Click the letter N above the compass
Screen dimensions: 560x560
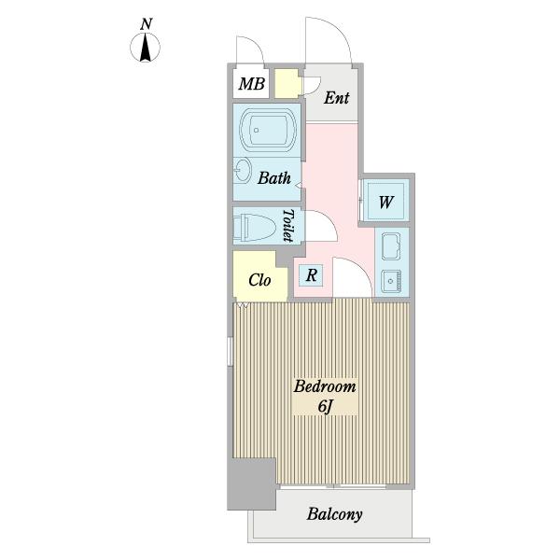146,24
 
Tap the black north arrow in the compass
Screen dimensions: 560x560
145,48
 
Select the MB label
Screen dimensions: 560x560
252,84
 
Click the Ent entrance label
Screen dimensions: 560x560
336,98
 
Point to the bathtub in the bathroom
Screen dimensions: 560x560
268,130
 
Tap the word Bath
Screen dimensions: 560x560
274,178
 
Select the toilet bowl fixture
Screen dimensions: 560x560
254,228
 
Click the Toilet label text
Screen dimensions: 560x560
288,226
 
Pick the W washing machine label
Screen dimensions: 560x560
385,203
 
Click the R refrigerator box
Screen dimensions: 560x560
311,275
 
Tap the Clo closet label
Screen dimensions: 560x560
259,280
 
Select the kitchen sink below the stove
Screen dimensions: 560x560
391,281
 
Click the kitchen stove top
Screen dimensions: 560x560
391,246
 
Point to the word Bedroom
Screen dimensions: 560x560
325,386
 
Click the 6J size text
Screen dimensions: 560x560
326,406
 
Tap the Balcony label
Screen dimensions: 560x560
335,514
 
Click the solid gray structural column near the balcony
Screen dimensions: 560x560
252,484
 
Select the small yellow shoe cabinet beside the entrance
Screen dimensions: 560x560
287,84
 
